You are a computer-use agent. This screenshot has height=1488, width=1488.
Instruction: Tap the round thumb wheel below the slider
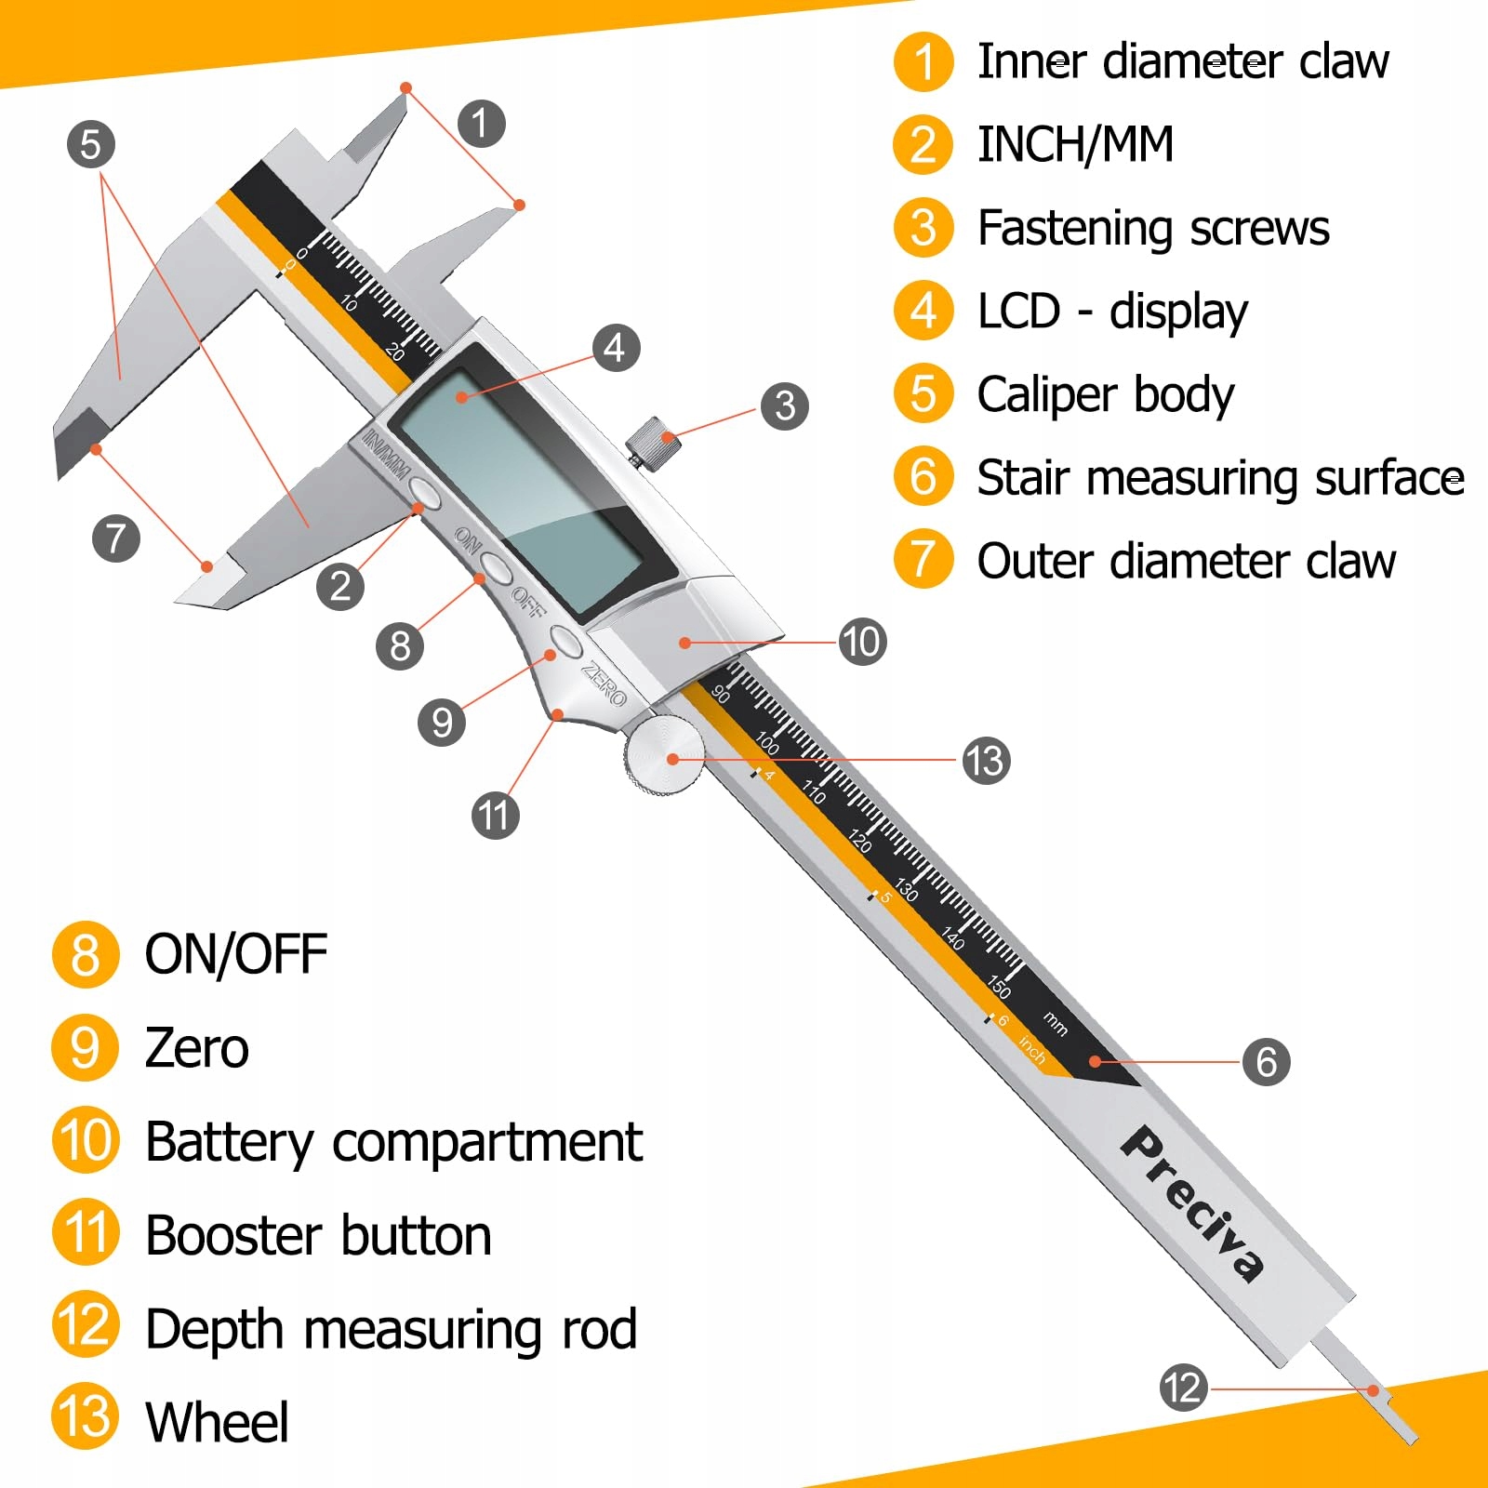tap(665, 755)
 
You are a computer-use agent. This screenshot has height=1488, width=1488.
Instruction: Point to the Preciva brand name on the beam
tap(1193, 1203)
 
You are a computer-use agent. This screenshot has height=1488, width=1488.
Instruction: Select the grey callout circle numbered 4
tap(615, 348)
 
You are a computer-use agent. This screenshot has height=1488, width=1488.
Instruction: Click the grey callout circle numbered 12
tap(1184, 1388)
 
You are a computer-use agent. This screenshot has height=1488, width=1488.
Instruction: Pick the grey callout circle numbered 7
tap(116, 538)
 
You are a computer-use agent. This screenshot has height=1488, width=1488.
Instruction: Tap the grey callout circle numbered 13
tap(986, 761)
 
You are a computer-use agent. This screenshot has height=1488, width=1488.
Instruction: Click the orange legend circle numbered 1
tap(923, 62)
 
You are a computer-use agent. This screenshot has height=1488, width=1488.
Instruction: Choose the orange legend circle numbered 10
tap(86, 1139)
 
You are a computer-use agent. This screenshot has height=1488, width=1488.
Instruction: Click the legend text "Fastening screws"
tap(1153, 228)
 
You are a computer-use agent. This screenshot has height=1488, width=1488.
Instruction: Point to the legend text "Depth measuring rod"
tap(392, 1329)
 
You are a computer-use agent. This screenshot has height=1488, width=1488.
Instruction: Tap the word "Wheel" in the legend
tap(218, 1422)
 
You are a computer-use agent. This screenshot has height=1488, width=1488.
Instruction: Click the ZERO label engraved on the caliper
tap(604, 683)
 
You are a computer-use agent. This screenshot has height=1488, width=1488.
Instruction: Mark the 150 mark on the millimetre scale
tap(999, 986)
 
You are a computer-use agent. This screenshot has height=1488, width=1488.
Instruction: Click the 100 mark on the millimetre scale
tap(767, 743)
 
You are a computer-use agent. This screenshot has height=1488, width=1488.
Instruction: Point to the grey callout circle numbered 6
tap(1267, 1061)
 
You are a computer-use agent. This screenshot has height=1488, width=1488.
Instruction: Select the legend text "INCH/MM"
tap(1076, 145)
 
